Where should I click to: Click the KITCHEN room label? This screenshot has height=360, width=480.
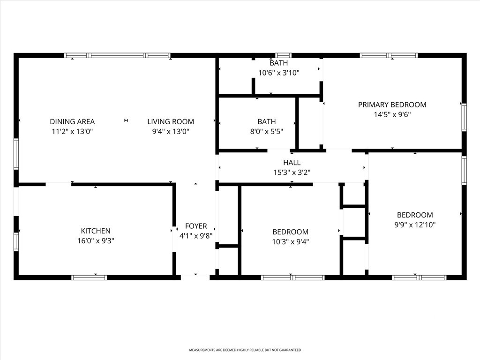(96, 231)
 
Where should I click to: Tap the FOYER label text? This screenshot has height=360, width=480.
(196, 226)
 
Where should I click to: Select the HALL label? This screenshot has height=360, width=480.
(292, 163)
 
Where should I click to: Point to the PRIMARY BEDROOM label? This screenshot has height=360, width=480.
(392, 105)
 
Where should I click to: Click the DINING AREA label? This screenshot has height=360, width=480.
(72, 121)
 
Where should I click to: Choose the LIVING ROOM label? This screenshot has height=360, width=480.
(171, 121)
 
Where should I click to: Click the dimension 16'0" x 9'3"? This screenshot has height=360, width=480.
(96, 240)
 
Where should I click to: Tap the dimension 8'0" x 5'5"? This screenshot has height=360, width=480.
(266, 131)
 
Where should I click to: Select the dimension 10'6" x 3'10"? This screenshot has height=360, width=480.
(278, 73)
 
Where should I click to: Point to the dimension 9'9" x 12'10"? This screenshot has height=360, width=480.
(415, 225)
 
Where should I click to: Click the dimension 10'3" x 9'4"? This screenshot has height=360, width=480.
(290, 241)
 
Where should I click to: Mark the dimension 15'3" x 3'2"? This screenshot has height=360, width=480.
(292, 172)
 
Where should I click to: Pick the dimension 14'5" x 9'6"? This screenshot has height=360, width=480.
(392, 114)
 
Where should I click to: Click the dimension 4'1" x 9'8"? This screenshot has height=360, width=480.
(196, 236)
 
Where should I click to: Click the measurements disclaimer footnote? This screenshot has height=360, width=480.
(245, 350)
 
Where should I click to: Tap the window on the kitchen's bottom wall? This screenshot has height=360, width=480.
(89, 277)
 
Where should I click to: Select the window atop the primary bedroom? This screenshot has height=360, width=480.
(389, 55)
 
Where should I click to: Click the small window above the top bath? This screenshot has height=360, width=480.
(283, 55)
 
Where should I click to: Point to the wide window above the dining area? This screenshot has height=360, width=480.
(117, 55)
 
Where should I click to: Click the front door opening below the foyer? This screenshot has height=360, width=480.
(195, 277)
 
